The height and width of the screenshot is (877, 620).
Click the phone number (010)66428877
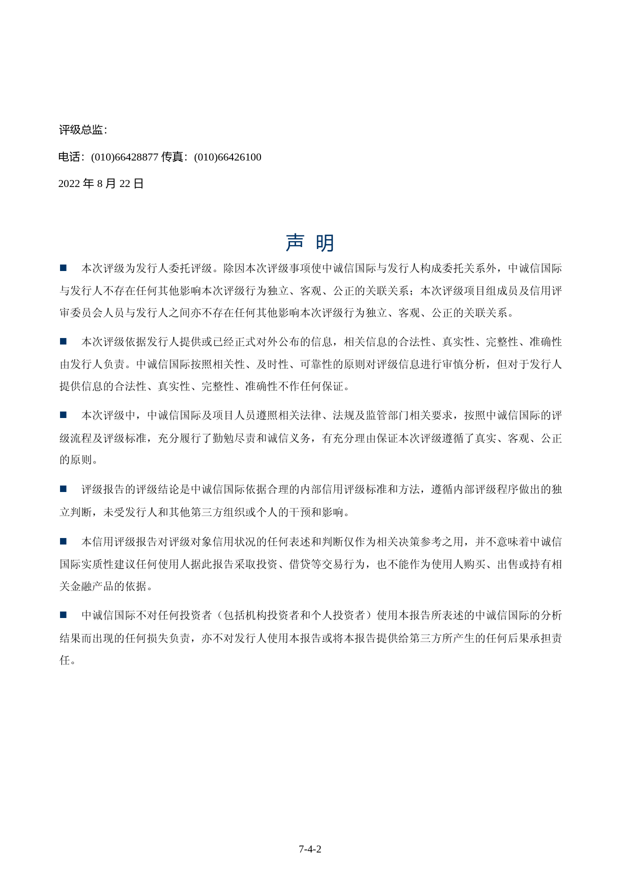124,157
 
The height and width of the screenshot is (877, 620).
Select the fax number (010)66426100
227,157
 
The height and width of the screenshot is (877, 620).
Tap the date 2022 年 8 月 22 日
101,183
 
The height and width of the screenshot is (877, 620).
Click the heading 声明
310,243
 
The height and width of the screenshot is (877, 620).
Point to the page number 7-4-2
310,849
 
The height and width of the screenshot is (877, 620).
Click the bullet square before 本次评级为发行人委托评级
63,268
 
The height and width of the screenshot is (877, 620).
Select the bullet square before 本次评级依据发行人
63,341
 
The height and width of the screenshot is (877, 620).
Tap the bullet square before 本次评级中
63,415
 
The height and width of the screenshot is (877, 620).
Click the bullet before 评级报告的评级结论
63,488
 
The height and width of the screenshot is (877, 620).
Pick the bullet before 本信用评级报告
63,541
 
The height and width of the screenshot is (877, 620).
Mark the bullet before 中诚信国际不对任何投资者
63,615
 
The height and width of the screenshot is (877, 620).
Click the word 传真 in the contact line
172,157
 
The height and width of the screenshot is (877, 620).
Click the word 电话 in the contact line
69,157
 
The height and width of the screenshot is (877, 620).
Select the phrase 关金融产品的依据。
106,586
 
